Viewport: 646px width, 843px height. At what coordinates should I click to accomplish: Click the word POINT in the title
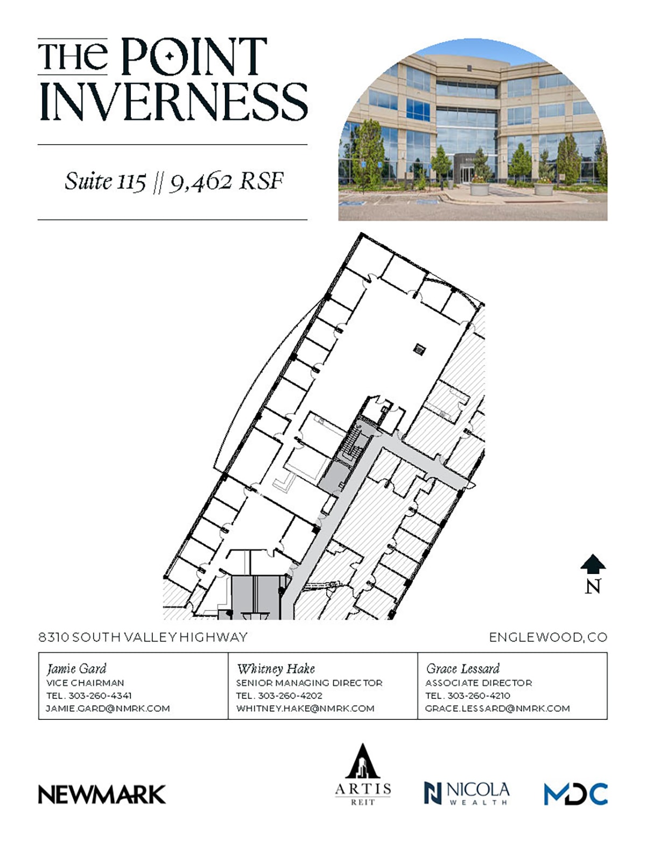click(194, 56)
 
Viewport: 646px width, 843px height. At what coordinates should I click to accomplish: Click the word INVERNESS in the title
click(173, 102)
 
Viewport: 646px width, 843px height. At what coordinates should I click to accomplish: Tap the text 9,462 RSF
click(226, 182)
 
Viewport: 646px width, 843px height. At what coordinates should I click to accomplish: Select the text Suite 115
click(106, 181)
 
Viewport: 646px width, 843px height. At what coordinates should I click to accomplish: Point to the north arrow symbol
click(593, 565)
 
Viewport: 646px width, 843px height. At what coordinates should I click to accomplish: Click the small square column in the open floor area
click(418, 349)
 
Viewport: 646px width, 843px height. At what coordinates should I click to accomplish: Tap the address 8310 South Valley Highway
click(143, 637)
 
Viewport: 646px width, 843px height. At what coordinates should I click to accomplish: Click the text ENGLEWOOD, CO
click(547, 637)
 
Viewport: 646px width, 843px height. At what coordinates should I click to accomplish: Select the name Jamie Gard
click(76, 669)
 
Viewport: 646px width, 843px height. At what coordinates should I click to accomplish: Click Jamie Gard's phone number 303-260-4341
click(100, 696)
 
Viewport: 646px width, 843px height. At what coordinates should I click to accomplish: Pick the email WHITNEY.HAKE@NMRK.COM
click(305, 709)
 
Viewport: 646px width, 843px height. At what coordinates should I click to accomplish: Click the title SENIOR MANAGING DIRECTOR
click(309, 683)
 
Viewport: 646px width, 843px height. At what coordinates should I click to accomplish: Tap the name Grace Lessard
click(462, 669)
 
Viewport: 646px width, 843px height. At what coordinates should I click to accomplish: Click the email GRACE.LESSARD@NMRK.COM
click(497, 709)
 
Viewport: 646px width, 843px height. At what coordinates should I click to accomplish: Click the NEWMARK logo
click(102, 794)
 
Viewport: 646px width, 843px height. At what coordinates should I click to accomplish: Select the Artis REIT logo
click(363, 774)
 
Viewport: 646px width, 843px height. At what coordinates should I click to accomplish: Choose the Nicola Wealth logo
click(466, 793)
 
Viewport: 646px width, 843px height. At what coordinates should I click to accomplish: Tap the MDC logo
click(575, 794)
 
